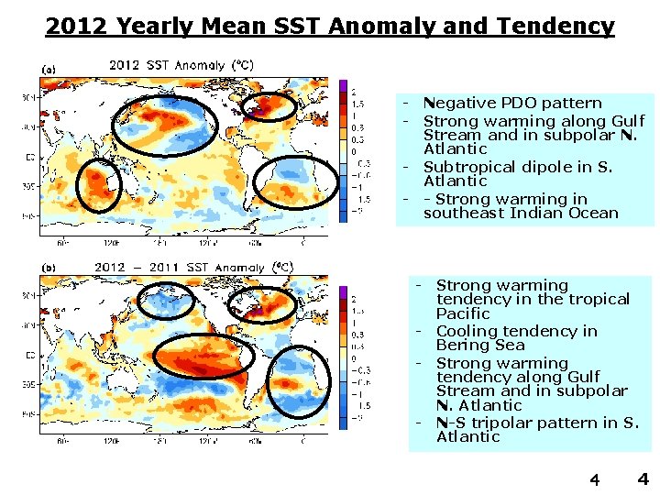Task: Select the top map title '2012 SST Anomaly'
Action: click(181, 65)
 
